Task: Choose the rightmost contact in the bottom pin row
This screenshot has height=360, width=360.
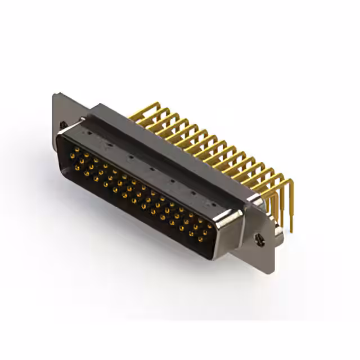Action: pyautogui.click(x=200, y=238)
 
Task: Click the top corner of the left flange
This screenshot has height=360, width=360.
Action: pyautogui.click(x=54, y=94)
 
